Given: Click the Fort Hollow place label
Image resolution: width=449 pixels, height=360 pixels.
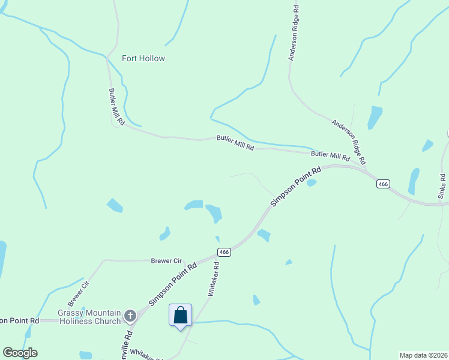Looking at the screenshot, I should tap(143, 58).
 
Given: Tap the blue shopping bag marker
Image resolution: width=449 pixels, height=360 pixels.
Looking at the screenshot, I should tap(181, 316).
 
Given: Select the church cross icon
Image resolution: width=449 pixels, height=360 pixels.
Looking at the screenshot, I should tap(130, 315).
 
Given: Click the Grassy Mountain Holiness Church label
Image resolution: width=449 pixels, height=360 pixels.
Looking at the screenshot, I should tap(89, 317).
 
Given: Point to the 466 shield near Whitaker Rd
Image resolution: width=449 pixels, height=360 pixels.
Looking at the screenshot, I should tap(224, 252).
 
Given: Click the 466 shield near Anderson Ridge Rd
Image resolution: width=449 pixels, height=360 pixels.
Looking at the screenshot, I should tap(384, 184).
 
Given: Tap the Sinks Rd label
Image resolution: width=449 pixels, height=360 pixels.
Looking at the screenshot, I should tap(442, 186).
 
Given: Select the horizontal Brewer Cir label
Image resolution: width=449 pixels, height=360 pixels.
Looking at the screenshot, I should tap(165, 261).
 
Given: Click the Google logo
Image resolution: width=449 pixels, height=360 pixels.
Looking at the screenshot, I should tap(20, 353).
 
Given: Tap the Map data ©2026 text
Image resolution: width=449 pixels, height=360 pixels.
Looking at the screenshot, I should tap(423, 355).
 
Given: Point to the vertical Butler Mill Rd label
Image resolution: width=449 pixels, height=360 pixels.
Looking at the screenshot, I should tap(116, 107).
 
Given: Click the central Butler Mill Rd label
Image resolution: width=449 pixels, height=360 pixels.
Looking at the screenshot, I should tap(235, 143).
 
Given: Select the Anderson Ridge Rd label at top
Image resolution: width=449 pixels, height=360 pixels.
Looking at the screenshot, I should tap(294, 34).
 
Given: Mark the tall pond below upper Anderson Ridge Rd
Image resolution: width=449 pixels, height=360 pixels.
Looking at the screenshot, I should tap(375, 117).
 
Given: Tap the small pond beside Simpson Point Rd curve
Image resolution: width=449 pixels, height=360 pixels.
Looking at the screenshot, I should tap(311, 183).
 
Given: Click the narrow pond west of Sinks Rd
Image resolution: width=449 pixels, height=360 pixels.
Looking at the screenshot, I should tap(414, 181).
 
